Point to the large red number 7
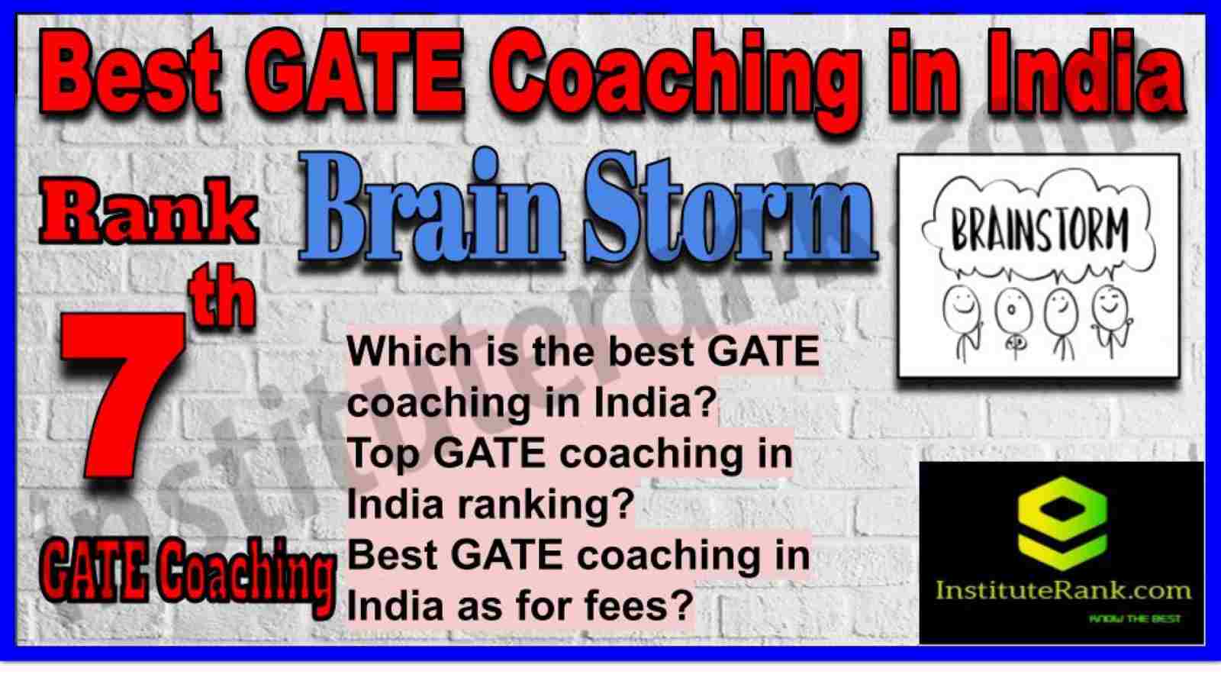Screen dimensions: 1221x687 [x=123, y=395]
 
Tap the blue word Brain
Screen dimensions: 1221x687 [x=430, y=210]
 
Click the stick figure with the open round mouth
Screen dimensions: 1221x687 [x=1013, y=325]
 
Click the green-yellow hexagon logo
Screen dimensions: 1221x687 [x=1062, y=524]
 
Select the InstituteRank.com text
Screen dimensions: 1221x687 [x=1063, y=590]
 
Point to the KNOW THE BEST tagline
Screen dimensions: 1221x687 [x=1135, y=619]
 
